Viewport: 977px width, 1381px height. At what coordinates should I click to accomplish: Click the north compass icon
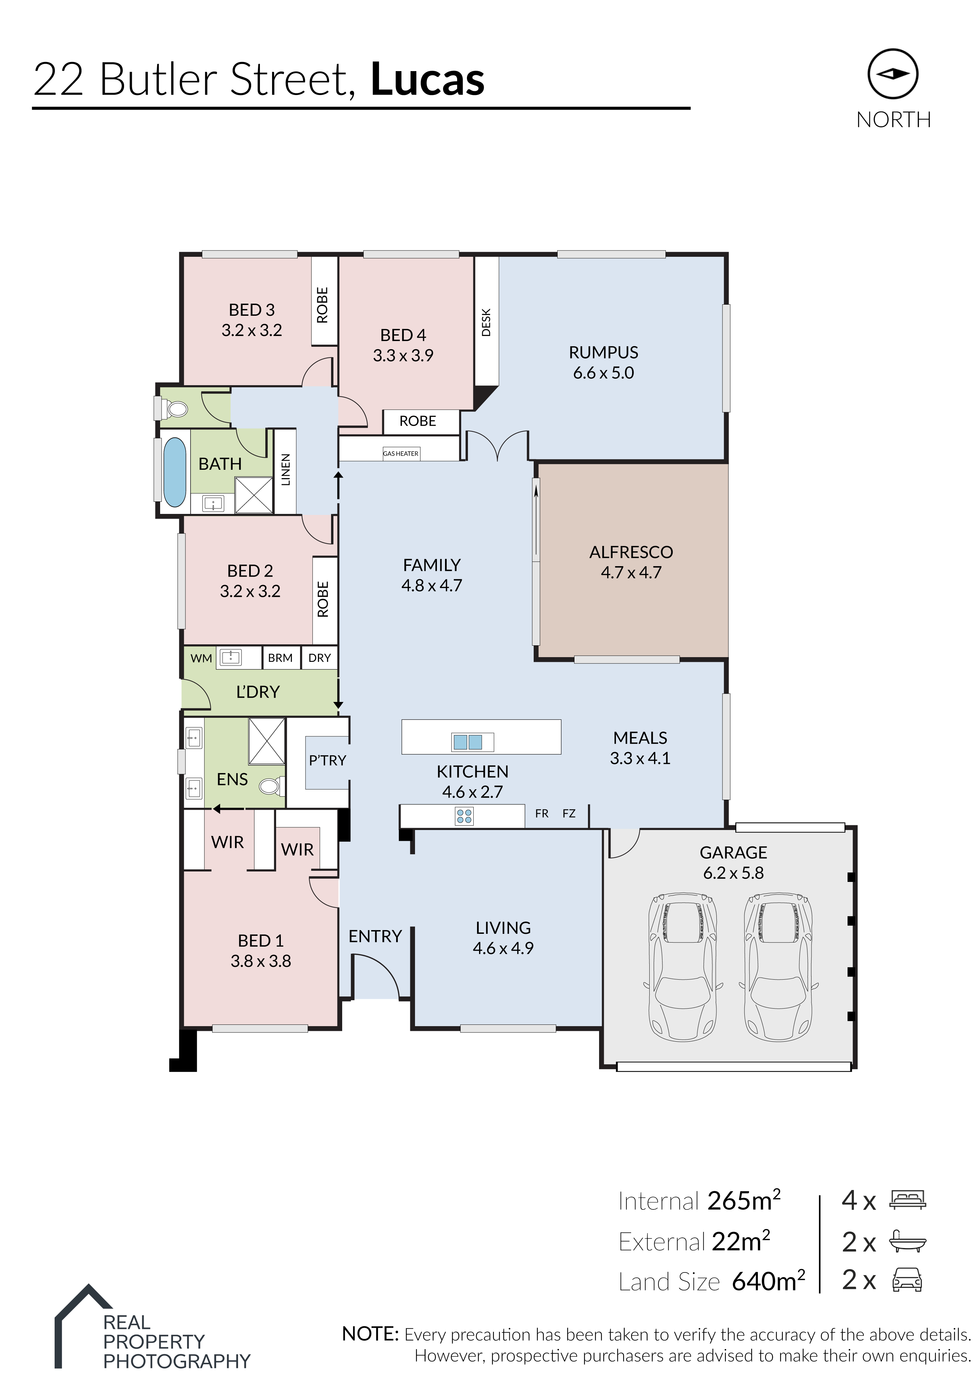click(893, 74)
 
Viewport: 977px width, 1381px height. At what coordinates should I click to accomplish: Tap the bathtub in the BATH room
click(175, 472)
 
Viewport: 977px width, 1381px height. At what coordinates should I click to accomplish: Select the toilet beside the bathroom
click(175, 409)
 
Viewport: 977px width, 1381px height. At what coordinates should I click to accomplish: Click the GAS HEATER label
click(401, 454)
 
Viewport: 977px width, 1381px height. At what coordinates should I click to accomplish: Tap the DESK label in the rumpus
click(486, 323)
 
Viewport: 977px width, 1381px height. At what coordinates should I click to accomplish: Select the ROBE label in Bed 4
click(417, 421)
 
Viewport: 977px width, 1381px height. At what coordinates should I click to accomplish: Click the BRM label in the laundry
click(280, 658)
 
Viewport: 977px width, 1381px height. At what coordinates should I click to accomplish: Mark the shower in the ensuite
click(267, 740)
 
